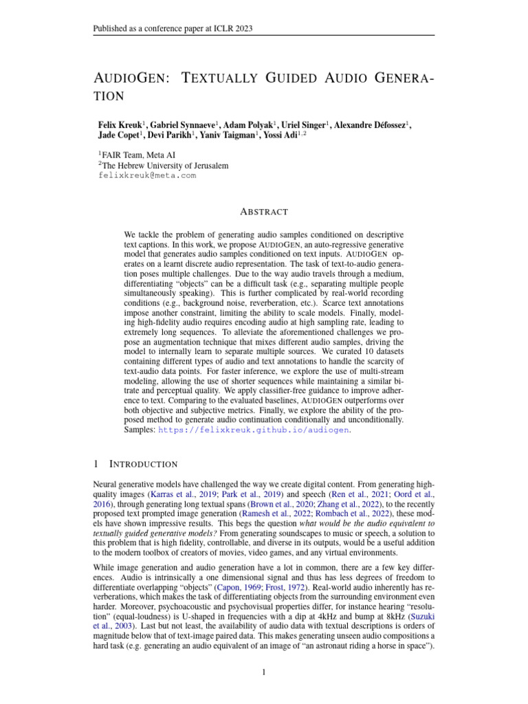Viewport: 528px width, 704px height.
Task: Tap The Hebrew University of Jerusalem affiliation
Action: (x=165, y=166)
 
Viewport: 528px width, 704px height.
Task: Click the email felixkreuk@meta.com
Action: (x=147, y=175)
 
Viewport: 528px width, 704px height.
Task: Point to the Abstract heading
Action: (x=263, y=212)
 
